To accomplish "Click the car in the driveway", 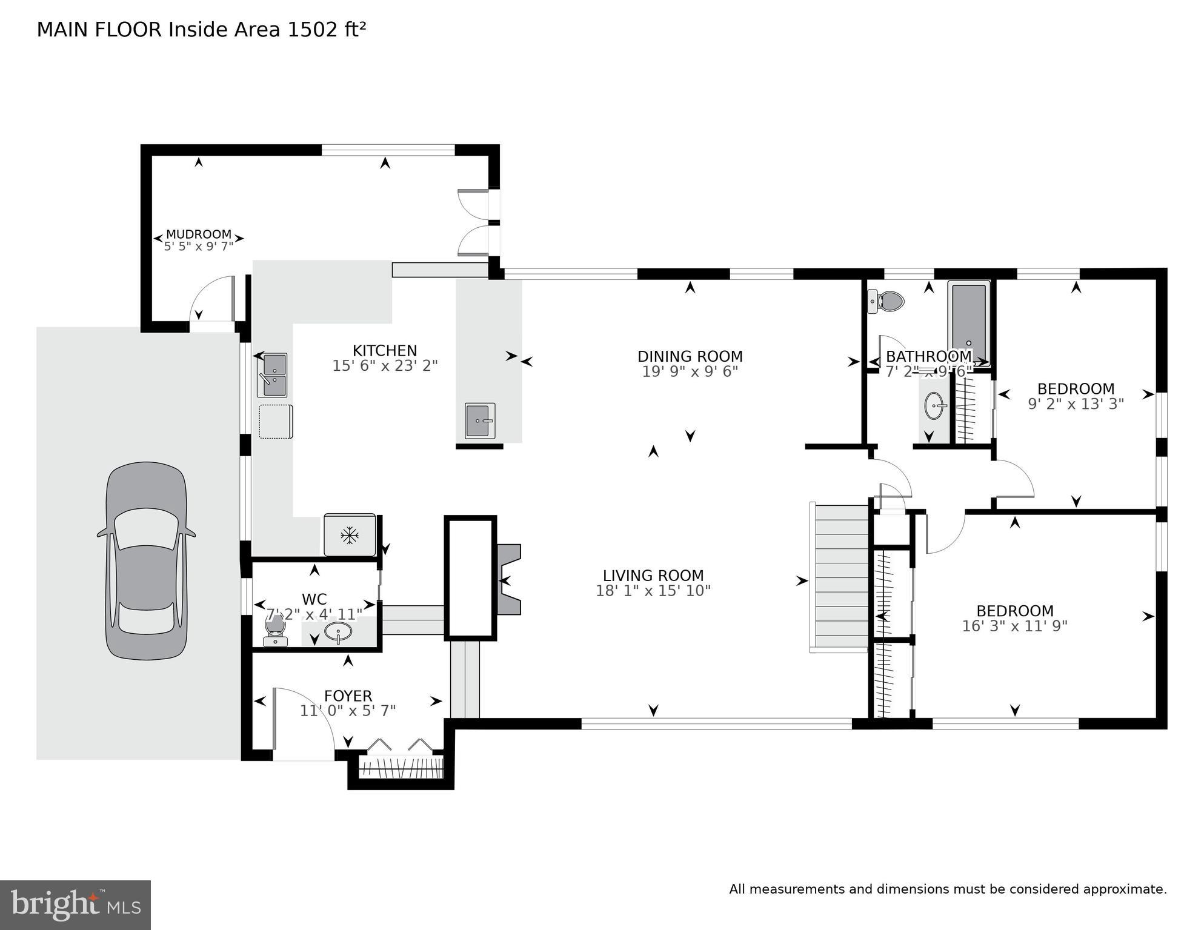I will coord(146,561).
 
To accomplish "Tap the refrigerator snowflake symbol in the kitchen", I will coord(349,535).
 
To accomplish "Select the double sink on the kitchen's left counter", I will coord(273,375).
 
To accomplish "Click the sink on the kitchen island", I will coord(480,420).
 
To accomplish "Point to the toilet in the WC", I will coord(275,628).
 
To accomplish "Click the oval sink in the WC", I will coord(338,632).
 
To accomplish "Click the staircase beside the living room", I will coord(841,579).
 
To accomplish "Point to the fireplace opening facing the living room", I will coord(508,580).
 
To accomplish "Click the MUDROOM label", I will coord(199,234).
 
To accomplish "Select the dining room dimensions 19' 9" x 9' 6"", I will coord(690,371).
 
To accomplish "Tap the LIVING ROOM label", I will coord(653,576).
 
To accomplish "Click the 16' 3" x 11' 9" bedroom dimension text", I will coord(1014,626).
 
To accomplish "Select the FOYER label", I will coord(348,696).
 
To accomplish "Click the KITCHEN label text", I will coord(385,351).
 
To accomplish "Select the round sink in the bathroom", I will coord(936,405).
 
